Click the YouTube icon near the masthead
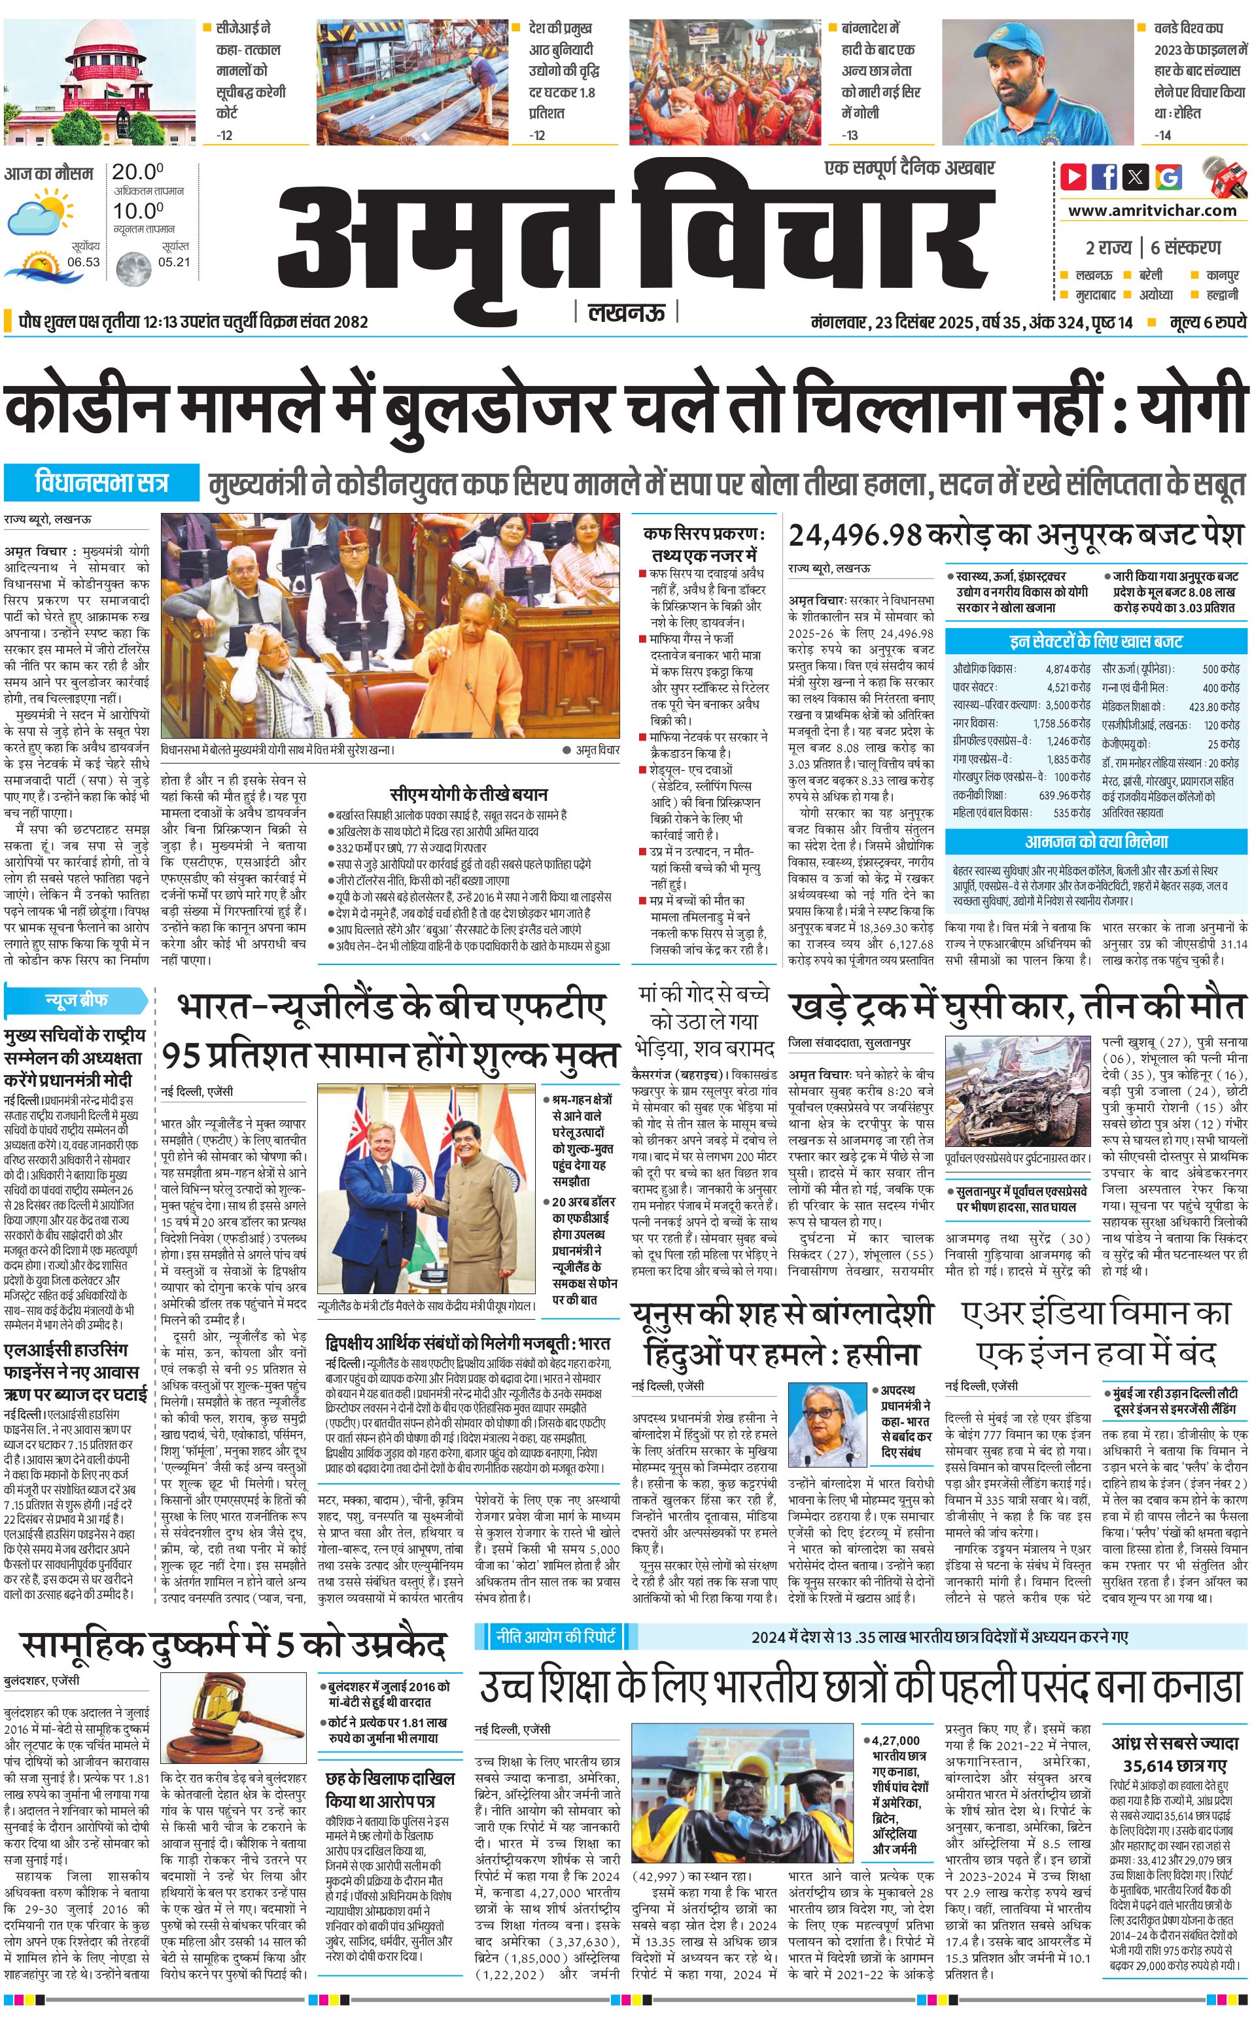[x=1074, y=177]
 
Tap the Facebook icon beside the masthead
[x=1105, y=177]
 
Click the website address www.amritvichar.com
[x=1152, y=211]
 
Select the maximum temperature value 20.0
[x=137, y=172]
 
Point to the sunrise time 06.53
[x=83, y=262]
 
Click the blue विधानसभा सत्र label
[x=102, y=483]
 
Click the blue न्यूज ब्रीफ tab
[x=76, y=1000]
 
